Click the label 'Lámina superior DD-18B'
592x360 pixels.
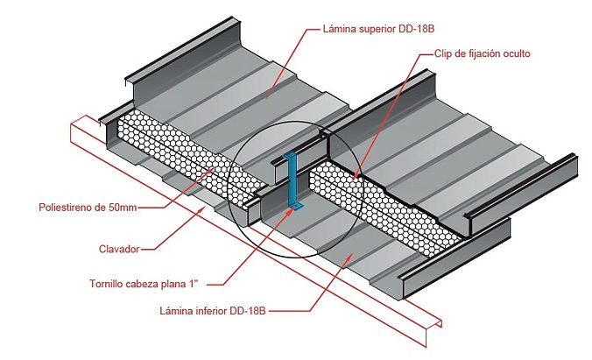[378, 29]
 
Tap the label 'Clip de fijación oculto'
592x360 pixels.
[483, 53]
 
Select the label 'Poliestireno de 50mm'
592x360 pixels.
[88, 207]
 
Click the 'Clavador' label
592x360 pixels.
[119, 249]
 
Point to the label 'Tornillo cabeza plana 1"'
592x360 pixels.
[144, 284]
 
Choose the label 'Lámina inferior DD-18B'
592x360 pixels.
[213, 311]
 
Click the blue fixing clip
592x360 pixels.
[292, 181]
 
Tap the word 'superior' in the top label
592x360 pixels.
[377, 30]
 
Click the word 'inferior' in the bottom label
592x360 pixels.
[211, 311]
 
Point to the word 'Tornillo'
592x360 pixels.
[106, 284]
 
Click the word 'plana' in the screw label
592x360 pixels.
[173, 284]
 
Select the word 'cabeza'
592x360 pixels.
[142, 284]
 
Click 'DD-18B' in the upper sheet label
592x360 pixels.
[417, 29]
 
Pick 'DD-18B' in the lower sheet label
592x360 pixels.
[248, 311]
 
